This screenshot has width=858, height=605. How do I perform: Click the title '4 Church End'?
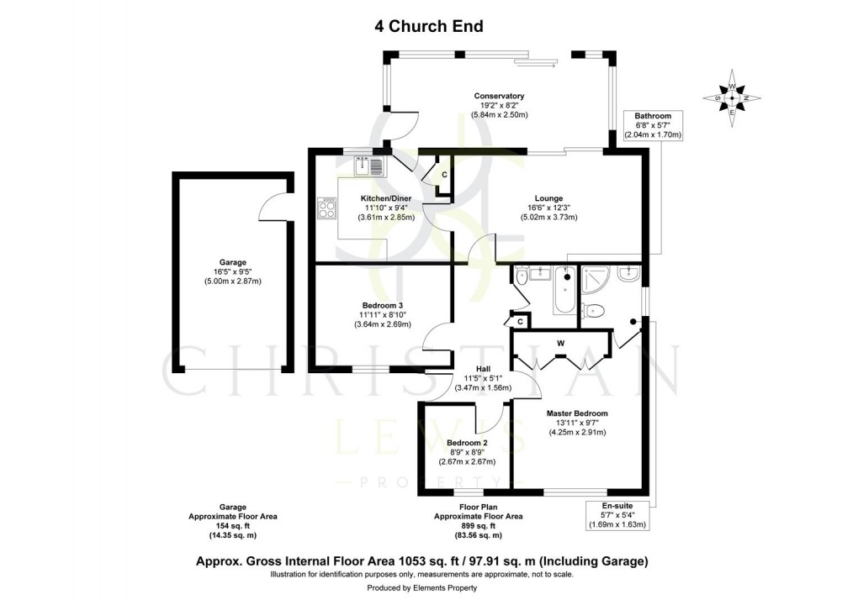(x=429, y=26)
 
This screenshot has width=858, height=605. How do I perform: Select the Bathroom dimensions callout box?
(x=653, y=125)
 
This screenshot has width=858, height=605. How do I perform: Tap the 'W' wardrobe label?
(x=560, y=343)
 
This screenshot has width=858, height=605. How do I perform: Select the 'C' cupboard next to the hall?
(x=521, y=321)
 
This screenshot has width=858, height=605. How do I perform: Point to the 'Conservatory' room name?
(x=499, y=96)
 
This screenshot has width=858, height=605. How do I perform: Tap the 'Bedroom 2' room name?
(x=467, y=442)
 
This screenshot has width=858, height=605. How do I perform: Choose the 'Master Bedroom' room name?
(x=576, y=413)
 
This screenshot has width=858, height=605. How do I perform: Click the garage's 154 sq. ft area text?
(x=232, y=526)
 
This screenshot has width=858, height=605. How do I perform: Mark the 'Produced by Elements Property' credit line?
(x=429, y=590)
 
